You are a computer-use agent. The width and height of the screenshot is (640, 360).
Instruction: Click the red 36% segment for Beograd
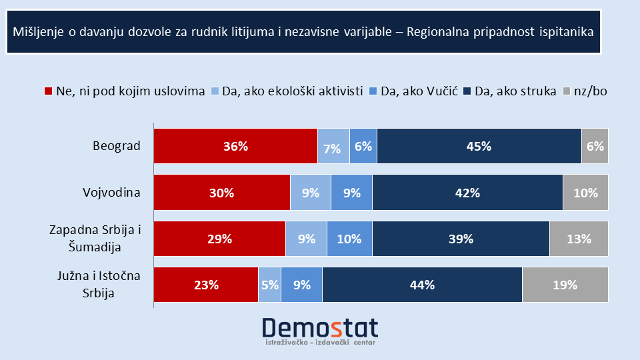[235, 147]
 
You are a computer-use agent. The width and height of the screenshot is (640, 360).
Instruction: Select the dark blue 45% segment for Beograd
[479, 147]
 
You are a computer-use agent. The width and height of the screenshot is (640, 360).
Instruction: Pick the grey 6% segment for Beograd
[595, 147]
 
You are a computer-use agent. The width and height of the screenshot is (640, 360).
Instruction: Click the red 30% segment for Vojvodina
[222, 193]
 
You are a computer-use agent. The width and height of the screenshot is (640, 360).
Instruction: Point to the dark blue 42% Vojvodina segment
[467, 193]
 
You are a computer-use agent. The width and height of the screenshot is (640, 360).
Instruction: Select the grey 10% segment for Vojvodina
[585, 193]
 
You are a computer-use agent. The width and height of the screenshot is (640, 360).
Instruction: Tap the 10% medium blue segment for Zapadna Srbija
[349, 239]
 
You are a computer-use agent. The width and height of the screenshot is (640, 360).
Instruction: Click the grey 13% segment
[579, 239]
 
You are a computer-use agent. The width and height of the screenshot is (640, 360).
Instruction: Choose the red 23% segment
[206, 285]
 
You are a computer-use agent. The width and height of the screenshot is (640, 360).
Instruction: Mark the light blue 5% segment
[269, 285]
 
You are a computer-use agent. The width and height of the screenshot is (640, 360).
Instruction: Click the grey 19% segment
[565, 285]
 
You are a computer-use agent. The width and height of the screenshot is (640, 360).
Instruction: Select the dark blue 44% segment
[421, 285]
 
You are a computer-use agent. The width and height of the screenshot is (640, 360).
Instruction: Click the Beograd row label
[118, 147]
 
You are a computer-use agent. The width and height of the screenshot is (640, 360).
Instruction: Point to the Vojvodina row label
[111, 193]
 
